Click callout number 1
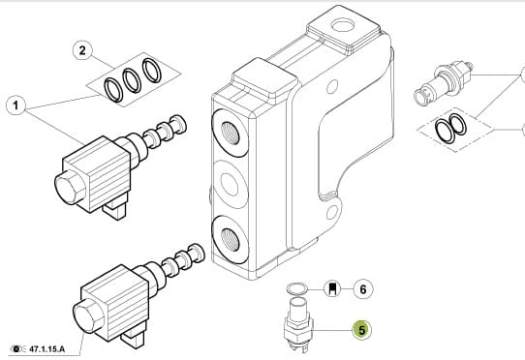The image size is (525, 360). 15,105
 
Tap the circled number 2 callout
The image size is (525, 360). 82,50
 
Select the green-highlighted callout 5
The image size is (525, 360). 362,330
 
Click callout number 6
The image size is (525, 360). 363,288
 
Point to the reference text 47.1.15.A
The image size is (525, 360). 46,349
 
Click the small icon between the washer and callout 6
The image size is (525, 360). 332,288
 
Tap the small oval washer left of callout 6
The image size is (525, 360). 297,288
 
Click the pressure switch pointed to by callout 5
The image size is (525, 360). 297,324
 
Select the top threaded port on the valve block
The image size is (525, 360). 230,133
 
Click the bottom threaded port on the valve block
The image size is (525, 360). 230,240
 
